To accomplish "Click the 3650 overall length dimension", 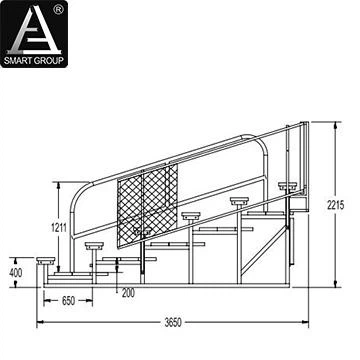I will coord(174,323).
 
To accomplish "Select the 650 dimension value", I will coord(69,299).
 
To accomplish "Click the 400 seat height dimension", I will coord(16,272).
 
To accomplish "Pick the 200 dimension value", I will coord(127,292).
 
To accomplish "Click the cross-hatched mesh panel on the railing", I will coord(147,205).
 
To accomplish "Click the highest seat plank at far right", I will coord(288,185).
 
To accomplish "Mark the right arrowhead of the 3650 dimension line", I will coord(307,323).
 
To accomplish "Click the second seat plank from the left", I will coord(95,243).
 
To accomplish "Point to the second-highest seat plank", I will coord(240,200).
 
